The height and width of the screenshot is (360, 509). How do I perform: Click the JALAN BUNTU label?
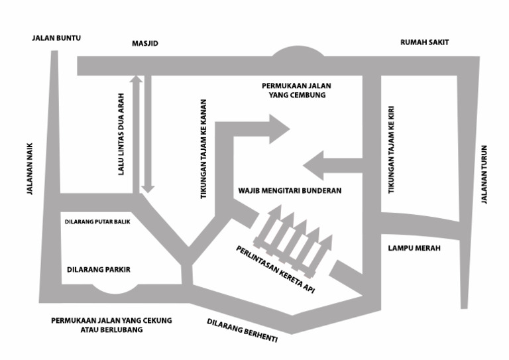pyautogui.click(x=56, y=38)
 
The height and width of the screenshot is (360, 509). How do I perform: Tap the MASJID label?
pyautogui.click(x=145, y=44)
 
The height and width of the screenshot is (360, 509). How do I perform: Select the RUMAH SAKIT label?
pyautogui.click(x=425, y=42)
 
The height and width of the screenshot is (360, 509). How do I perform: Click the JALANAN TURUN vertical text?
pyautogui.click(x=484, y=174)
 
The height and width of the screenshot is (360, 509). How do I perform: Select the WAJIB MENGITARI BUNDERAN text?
pyautogui.click(x=289, y=190)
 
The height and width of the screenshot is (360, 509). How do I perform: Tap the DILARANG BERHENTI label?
pyautogui.click(x=242, y=330)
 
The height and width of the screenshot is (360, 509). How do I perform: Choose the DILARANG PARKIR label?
pyautogui.click(x=99, y=270)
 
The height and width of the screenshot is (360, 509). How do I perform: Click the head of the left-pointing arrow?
pyautogui.click(x=313, y=166)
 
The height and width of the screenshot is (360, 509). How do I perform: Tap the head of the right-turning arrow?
pyautogui.click(x=278, y=129)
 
